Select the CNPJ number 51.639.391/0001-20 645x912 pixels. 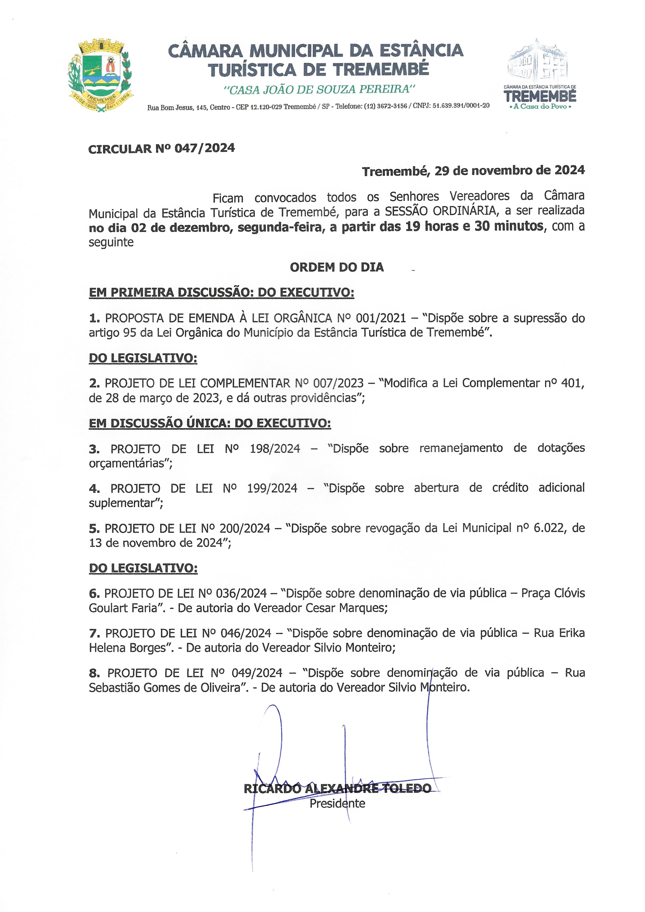461,106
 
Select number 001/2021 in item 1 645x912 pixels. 380,318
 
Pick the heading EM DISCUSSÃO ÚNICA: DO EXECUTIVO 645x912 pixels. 210,424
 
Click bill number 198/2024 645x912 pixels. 274,449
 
